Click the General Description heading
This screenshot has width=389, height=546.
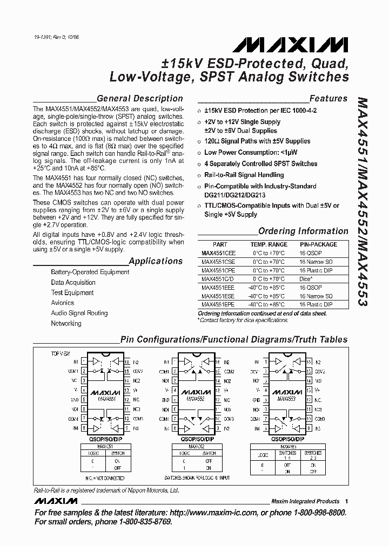click(x=139, y=98)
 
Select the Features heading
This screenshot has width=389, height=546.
click(x=328, y=98)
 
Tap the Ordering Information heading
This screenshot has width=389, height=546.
click(x=303, y=231)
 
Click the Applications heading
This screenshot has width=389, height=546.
click(x=156, y=261)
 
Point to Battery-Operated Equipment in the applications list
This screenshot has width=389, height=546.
click(x=90, y=272)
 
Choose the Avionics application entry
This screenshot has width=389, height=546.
click(x=62, y=303)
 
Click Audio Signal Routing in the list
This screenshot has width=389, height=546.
click(x=79, y=313)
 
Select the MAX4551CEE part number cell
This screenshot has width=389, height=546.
click(x=218, y=252)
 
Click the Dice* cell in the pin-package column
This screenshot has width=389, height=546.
click(x=306, y=279)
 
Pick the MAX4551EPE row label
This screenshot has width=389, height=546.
click(x=218, y=305)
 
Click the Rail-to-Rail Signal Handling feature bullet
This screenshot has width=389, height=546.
click(x=244, y=175)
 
